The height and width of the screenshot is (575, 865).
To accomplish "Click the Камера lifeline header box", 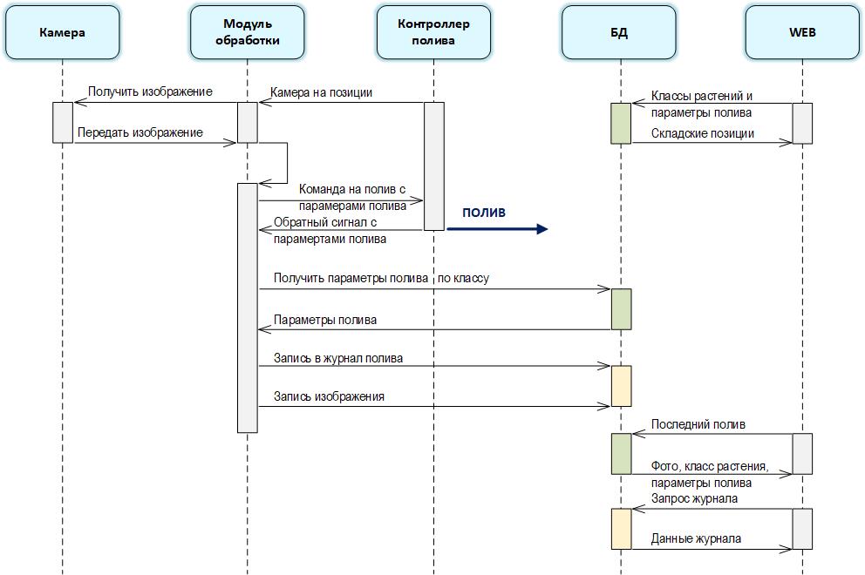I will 62,32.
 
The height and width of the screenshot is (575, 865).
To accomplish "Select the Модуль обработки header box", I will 247,32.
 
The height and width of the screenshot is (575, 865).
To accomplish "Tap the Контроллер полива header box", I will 433,32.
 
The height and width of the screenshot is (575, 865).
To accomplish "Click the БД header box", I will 619,32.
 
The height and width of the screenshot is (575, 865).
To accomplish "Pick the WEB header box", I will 802,32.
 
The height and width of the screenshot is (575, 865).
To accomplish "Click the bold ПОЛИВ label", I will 484,213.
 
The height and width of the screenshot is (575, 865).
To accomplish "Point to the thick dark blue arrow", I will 497,229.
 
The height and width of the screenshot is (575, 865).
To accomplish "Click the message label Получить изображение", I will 150,91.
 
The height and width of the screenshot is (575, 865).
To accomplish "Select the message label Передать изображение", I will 140,132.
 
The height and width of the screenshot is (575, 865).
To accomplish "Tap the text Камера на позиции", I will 322,92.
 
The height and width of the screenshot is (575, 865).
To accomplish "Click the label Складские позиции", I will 703,133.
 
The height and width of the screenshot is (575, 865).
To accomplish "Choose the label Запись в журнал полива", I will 338,358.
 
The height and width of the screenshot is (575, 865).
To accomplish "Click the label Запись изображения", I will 329,396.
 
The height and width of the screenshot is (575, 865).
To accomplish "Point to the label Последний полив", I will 698,425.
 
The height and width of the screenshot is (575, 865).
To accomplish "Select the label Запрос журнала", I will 695,498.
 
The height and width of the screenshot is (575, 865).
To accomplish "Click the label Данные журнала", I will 696,538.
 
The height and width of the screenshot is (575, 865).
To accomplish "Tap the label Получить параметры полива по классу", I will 381,278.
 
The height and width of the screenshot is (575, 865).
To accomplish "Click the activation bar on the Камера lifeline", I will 62,122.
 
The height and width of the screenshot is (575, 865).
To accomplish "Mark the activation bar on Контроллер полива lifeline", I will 434,166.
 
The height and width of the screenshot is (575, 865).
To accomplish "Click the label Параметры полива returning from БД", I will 325,320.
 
